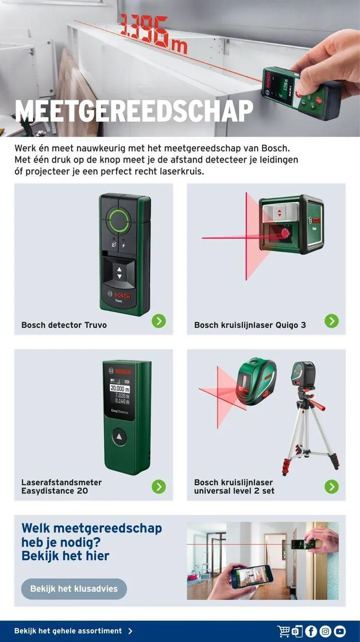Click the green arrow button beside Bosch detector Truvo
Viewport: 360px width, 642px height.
pyautogui.click(x=159, y=321)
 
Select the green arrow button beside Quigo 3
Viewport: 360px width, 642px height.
pyautogui.click(x=332, y=321)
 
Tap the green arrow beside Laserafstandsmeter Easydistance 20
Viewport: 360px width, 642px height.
pyautogui.click(x=159, y=487)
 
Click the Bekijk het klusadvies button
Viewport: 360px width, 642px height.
pyautogui.click(x=74, y=588)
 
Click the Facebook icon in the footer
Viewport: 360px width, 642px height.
pyautogui.click(x=311, y=631)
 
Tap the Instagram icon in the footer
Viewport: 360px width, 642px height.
pyautogui.click(x=326, y=631)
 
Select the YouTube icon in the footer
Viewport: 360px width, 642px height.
pyautogui.click(x=340, y=631)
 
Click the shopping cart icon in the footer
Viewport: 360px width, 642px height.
pyautogui.click(x=283, y=631)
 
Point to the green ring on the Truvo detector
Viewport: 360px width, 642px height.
pyautogui.click(x=119, y=221)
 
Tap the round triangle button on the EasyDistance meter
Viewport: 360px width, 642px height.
pyautogui.click(x=120, y=437)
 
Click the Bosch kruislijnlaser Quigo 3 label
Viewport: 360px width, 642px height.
pyautogui.click(x=250, y=325)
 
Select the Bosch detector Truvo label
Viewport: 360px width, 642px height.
pyautogui.click(x=64, y=325)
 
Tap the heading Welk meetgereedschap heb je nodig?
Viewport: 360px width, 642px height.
pyautogui.click(x=92, y=535)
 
